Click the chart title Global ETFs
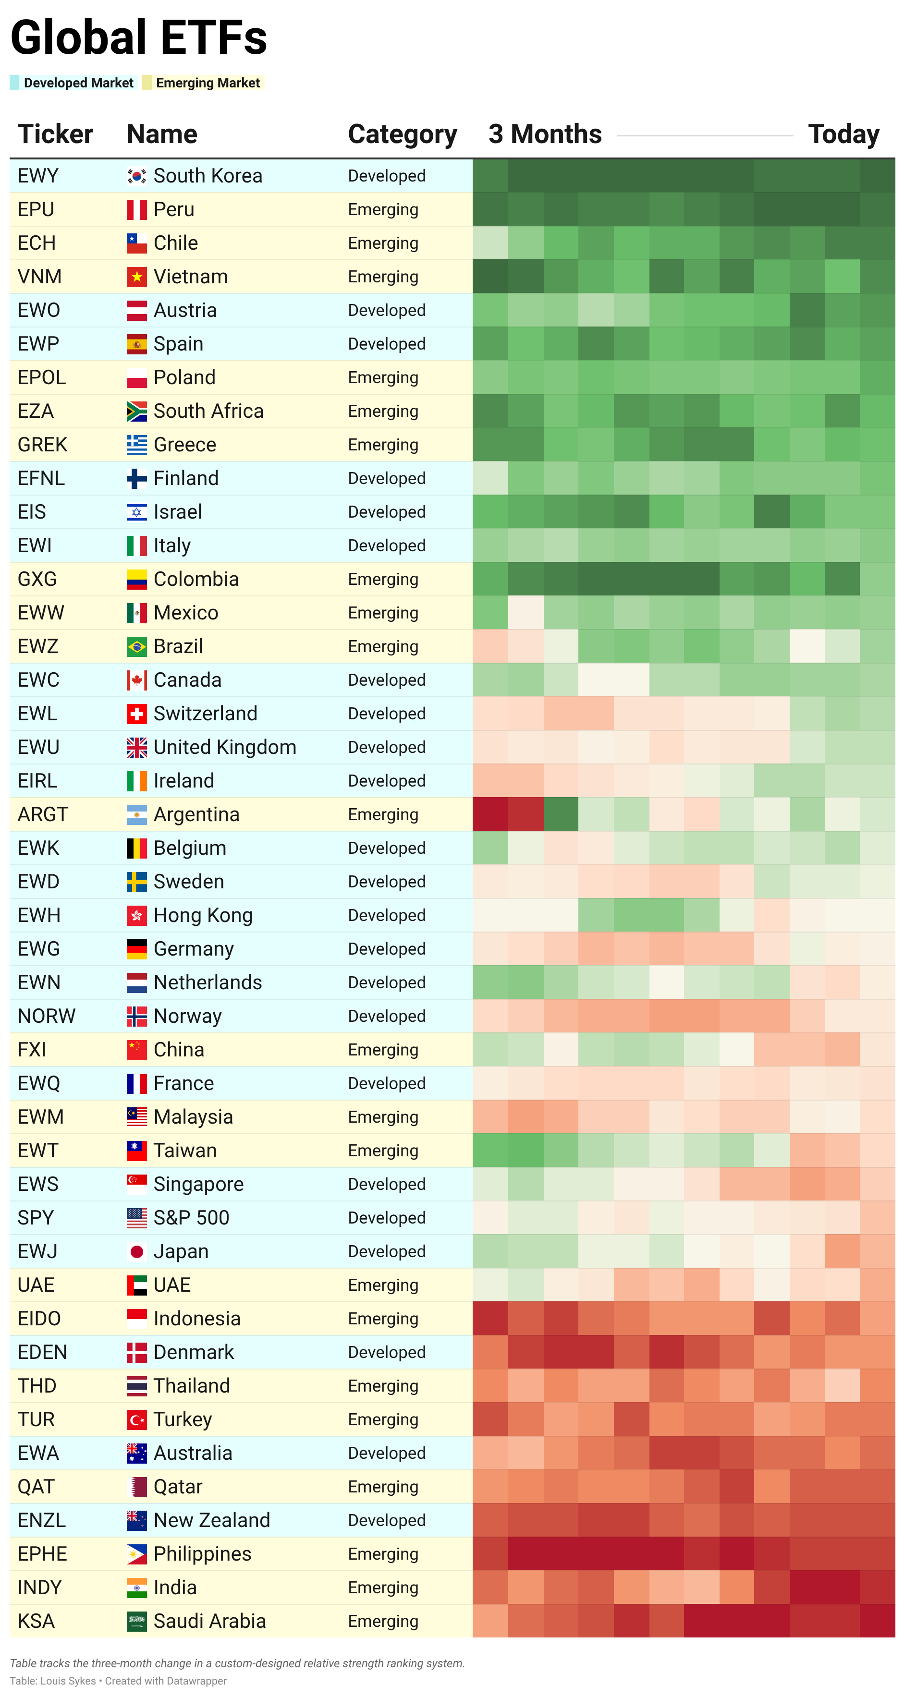tap(138, 37)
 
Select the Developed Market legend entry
tap(78, 83)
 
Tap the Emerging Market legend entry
tap(208, 83)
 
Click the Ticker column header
tap(55, 134)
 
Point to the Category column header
tap(402, 134)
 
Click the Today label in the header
tap(843, 134)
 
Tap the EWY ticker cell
tap(38, 176)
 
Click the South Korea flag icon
tap(136, 176)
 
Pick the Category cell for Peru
tap(383, 209)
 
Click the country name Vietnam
tap(191, 277)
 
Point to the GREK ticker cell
tap(42, 445)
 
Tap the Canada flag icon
tap(136, 680)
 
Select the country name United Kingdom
tap(225, 747)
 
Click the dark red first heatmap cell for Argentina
tap(490, 814)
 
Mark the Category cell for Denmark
tap(386, 1352)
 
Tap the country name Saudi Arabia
tap(209, 1621)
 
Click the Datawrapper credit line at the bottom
tap(118, 1681)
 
